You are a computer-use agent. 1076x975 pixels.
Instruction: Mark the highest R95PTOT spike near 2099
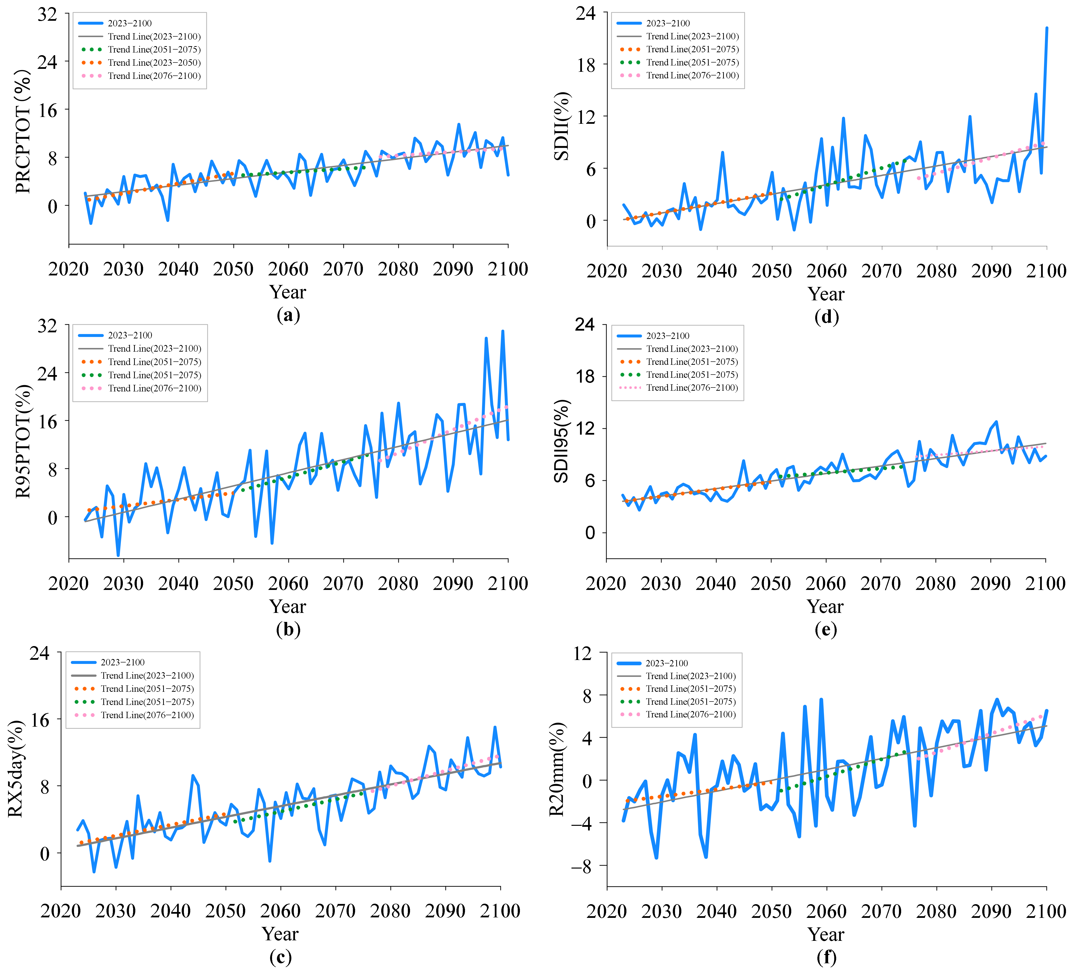coord(502,331)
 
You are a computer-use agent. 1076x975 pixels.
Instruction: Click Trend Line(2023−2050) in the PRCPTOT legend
coord(154,63)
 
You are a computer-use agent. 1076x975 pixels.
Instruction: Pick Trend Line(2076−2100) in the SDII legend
coord(692,75)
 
